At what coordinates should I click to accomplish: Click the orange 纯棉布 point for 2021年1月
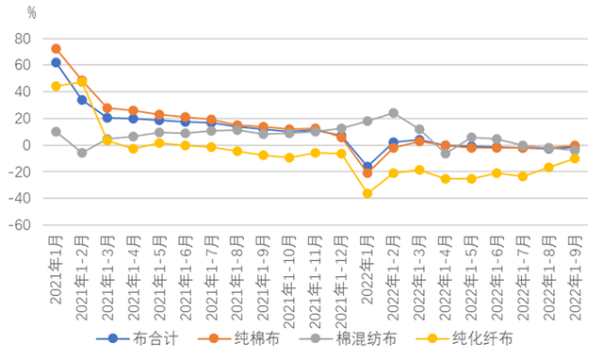pos(57,48)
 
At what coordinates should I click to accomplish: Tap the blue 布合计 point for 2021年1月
pos(57,62)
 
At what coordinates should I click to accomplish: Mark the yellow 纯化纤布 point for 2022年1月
pos(367,193)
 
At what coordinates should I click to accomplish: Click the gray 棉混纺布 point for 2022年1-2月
pos(393,113)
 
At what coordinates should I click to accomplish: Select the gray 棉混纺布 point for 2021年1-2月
pos(82,153)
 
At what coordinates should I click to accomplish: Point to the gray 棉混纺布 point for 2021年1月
pos(57,132)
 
